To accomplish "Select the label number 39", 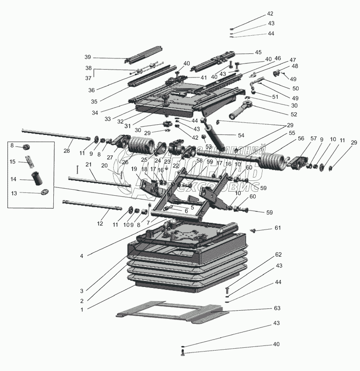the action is (88, 57).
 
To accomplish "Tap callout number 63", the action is (277, 308).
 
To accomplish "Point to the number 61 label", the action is (277, 228).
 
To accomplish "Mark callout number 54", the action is (241, 135).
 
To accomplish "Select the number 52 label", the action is (281, 114).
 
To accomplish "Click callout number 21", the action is (89, 166).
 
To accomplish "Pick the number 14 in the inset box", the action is (13, 179).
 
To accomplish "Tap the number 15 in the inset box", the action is (13, 161).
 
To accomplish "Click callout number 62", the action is (278, 255).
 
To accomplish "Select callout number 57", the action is (314, 139).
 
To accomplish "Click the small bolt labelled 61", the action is (253, 230).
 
